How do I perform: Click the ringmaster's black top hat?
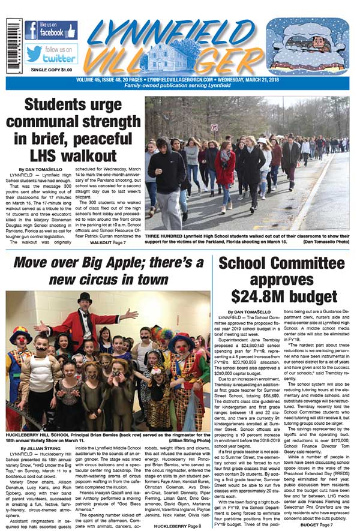pos(85,298)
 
